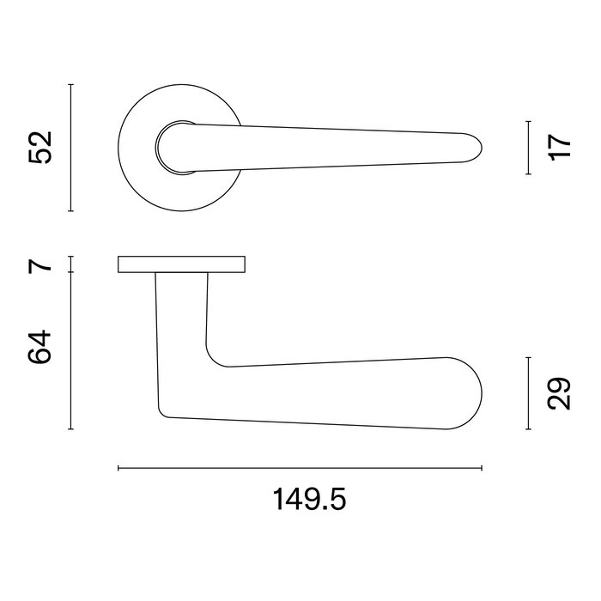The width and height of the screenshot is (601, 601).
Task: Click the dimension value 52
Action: click(41, 147)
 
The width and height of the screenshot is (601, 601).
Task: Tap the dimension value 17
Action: click(559, 147)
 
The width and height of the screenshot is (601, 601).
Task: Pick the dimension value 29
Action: click(559, 393)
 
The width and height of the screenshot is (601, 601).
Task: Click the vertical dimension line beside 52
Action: click(71, 147)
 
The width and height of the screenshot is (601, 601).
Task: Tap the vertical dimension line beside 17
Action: click(527, 147)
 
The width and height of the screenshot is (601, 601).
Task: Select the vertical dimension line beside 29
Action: click(527, 393)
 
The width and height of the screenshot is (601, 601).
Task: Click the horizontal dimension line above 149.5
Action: click(300, 468)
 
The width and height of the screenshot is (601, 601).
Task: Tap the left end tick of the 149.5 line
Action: click(118, 468)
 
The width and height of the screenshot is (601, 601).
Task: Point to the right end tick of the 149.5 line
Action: click(483, 468)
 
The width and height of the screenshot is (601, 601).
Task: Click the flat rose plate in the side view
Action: click(181, 264)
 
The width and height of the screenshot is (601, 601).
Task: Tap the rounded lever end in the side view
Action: click(468, 393)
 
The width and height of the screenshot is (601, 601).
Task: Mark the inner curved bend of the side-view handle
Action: click(214, 355)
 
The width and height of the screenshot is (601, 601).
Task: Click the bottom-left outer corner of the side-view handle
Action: click(161, 413)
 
